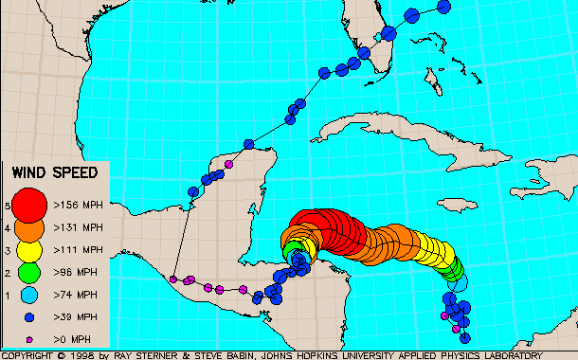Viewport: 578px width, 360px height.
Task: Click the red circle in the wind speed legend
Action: coord(30,204)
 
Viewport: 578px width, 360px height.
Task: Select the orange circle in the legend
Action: coord(30,228)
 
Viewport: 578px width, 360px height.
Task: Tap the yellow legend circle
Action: coord(30,251)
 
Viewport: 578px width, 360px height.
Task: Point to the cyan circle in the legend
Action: coord(30,296)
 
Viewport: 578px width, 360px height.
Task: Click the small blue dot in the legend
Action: coord(30,317)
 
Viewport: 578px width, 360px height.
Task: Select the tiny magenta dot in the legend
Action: coord(30,338)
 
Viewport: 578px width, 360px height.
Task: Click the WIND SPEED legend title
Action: coord(56,172)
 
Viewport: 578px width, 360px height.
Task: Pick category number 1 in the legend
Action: coord(8,296)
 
